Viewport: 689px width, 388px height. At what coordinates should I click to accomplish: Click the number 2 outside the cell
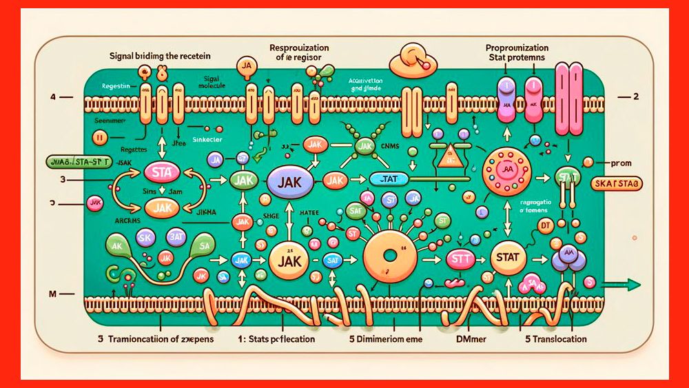[635, 96]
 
